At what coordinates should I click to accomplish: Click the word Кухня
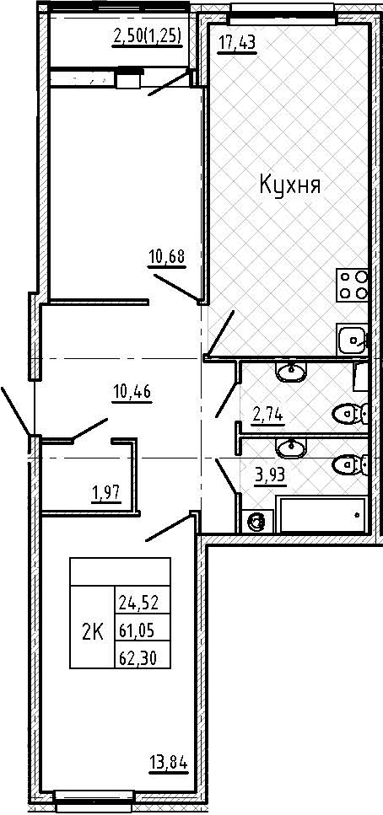(289, 185)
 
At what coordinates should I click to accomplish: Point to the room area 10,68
(167, 257)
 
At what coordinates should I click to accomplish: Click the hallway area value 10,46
(132, 391)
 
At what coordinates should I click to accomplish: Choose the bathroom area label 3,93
(271, 475)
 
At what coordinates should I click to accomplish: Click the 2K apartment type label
(92, 632)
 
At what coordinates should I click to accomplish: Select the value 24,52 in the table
(138, 603)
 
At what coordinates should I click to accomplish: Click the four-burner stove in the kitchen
(353, 285)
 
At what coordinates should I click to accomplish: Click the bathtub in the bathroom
(321, 514)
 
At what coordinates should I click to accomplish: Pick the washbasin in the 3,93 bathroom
(291, 448)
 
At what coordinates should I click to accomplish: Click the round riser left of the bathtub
(256, 521)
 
